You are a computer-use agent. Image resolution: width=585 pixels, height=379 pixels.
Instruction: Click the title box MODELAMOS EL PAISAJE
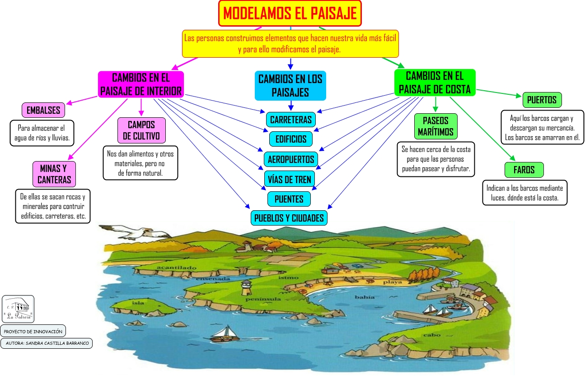(x=290, y=14)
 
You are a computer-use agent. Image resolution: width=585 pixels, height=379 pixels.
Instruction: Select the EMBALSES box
(x=43, y=110)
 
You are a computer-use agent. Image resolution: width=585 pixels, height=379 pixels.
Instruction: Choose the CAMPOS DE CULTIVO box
(x=141, y=130)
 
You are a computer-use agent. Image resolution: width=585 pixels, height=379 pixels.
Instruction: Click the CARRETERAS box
(x=290, y=120)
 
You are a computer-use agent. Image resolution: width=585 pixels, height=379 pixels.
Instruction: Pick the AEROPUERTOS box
(x=290, y=159)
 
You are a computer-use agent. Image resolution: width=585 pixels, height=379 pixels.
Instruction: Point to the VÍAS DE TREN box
(x=289, y=179)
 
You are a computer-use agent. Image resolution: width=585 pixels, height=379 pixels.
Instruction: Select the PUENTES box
(x=289, y=199)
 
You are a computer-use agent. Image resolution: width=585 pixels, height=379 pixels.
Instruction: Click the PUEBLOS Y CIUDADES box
(x=289, y=218)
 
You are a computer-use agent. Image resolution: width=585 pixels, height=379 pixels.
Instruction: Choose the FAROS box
(x=524, y=170)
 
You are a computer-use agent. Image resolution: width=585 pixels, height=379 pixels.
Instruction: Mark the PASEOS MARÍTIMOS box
(x=435, y=126)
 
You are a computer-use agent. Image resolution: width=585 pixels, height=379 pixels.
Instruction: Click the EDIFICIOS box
(x=290, y=139)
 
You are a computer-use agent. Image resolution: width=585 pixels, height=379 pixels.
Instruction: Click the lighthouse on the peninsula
(x=246, y=286)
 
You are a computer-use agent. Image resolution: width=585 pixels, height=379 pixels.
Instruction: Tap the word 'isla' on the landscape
(x=138, y=303)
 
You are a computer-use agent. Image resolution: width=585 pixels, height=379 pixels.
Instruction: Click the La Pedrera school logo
(x=18, y=309)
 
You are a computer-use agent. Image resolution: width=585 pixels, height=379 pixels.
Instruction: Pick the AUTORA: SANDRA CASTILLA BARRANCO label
(x=47, y=343)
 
